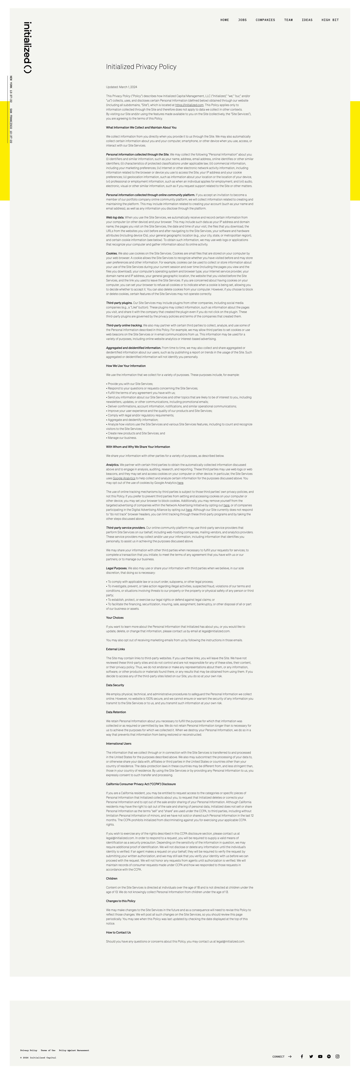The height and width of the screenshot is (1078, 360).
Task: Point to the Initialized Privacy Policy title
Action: pos(141,67)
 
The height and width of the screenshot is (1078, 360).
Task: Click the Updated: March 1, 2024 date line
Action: pos(121,87)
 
